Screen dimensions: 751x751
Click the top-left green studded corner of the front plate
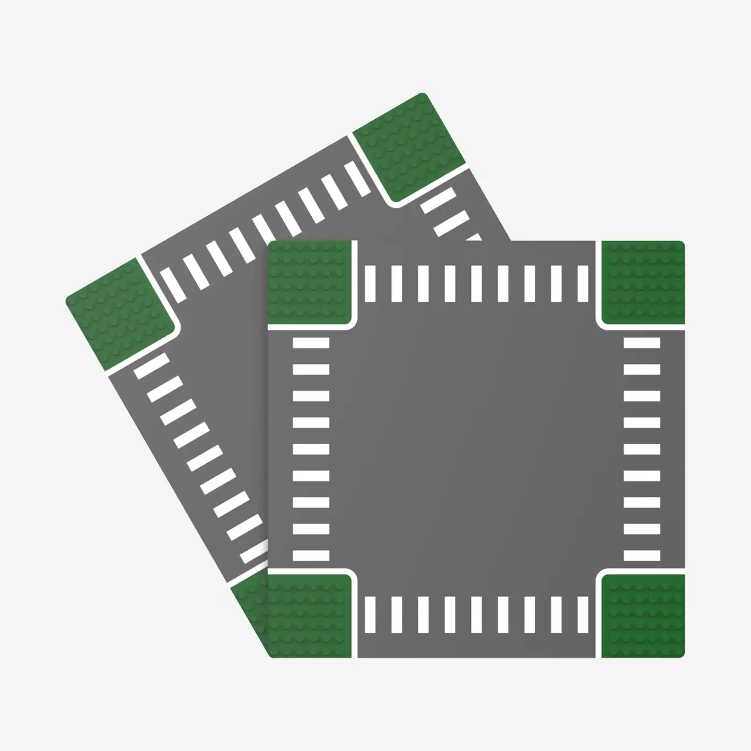[x=308, y=283]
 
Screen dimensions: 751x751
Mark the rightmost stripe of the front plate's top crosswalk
[x=583, y=283]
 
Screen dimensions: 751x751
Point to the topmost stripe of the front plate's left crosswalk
[x=311, y=343]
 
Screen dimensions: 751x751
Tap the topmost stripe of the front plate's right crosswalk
[x=642, y=343]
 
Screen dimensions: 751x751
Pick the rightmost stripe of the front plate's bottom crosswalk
[x=583, y=615]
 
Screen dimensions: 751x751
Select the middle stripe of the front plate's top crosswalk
[x=476, y=283]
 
